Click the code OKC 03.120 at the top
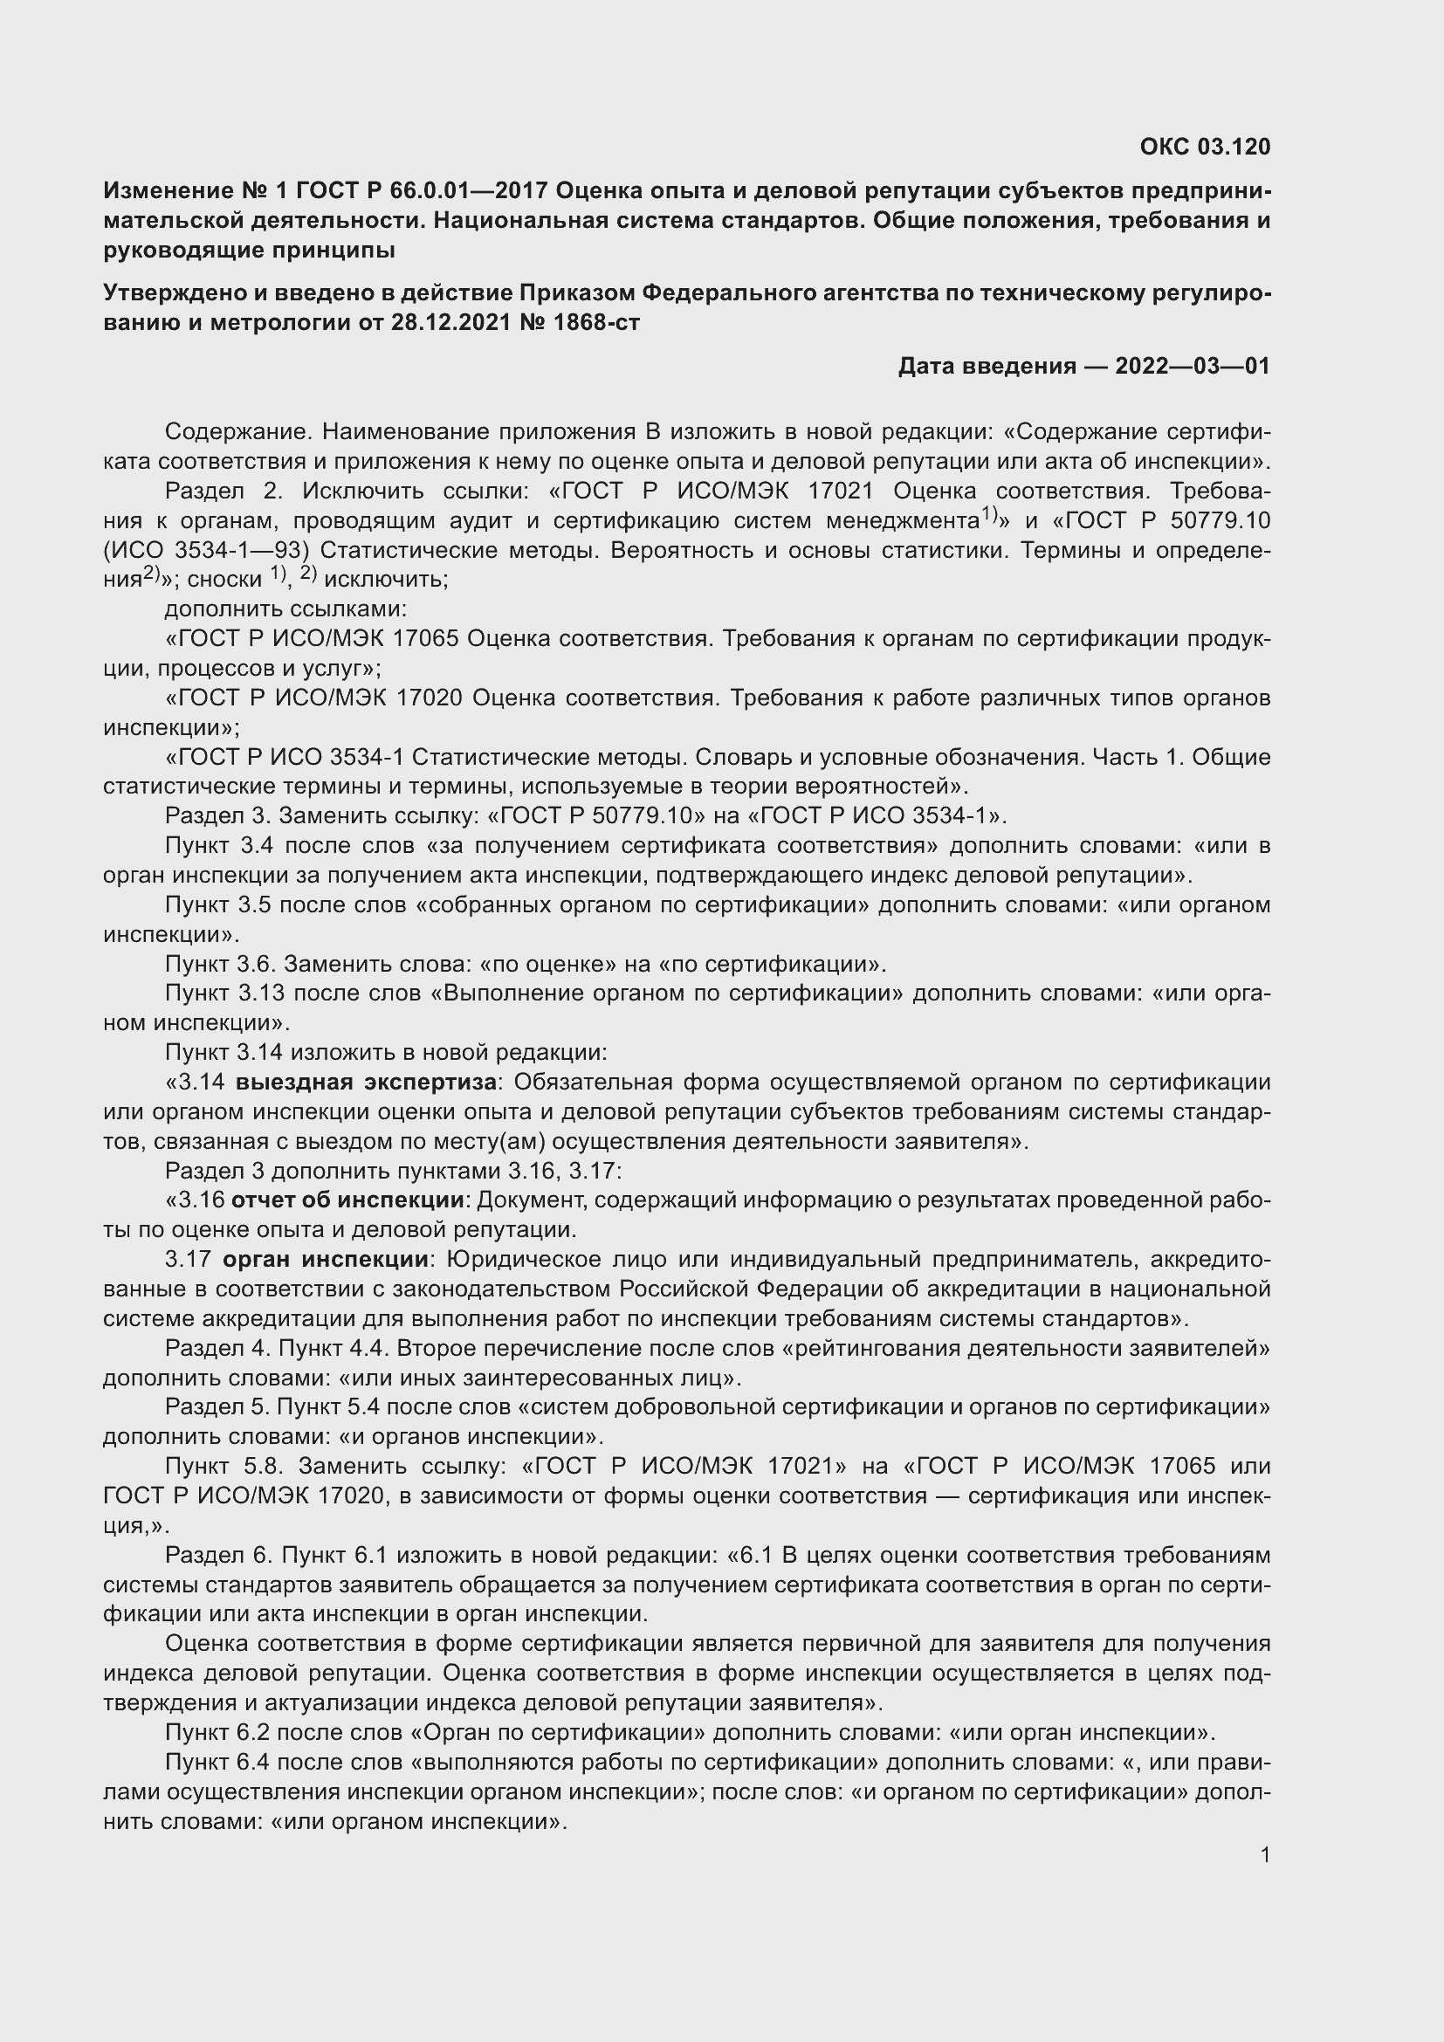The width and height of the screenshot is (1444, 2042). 1205,147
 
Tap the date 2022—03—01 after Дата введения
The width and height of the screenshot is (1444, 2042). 1193,366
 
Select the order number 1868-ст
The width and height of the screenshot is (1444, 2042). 595,322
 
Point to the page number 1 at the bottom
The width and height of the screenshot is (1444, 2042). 1264,1855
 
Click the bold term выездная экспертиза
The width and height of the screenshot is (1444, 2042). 366,1083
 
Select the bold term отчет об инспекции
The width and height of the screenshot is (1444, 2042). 347,1200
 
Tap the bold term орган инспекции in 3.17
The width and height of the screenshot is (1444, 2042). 326,1260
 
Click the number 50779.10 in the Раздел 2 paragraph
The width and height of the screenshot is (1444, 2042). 1221,520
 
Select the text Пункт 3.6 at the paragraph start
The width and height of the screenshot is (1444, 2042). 221,964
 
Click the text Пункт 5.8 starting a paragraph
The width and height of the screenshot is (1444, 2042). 221,1466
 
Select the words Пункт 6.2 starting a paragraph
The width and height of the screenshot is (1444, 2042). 221,1731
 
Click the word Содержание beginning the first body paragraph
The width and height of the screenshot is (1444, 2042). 235,432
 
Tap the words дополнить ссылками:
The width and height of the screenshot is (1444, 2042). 285,609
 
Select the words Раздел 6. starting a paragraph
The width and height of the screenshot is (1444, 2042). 218,1555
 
